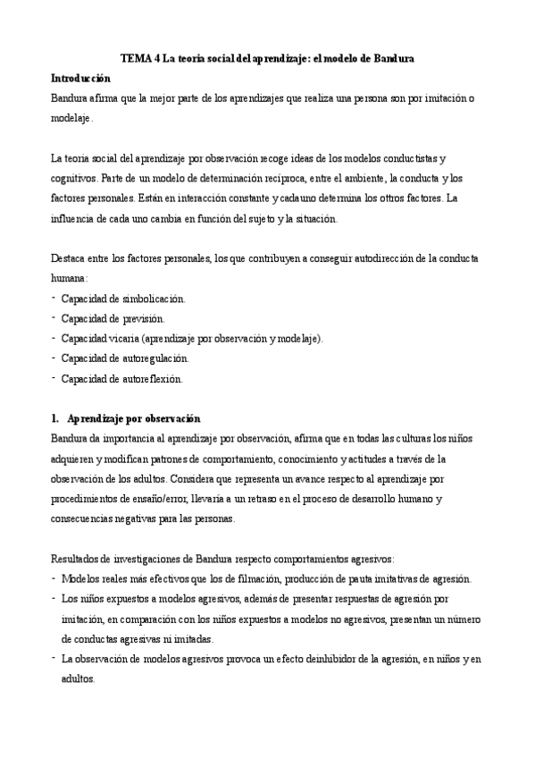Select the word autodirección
(378, 258)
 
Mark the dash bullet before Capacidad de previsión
(54, 317)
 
